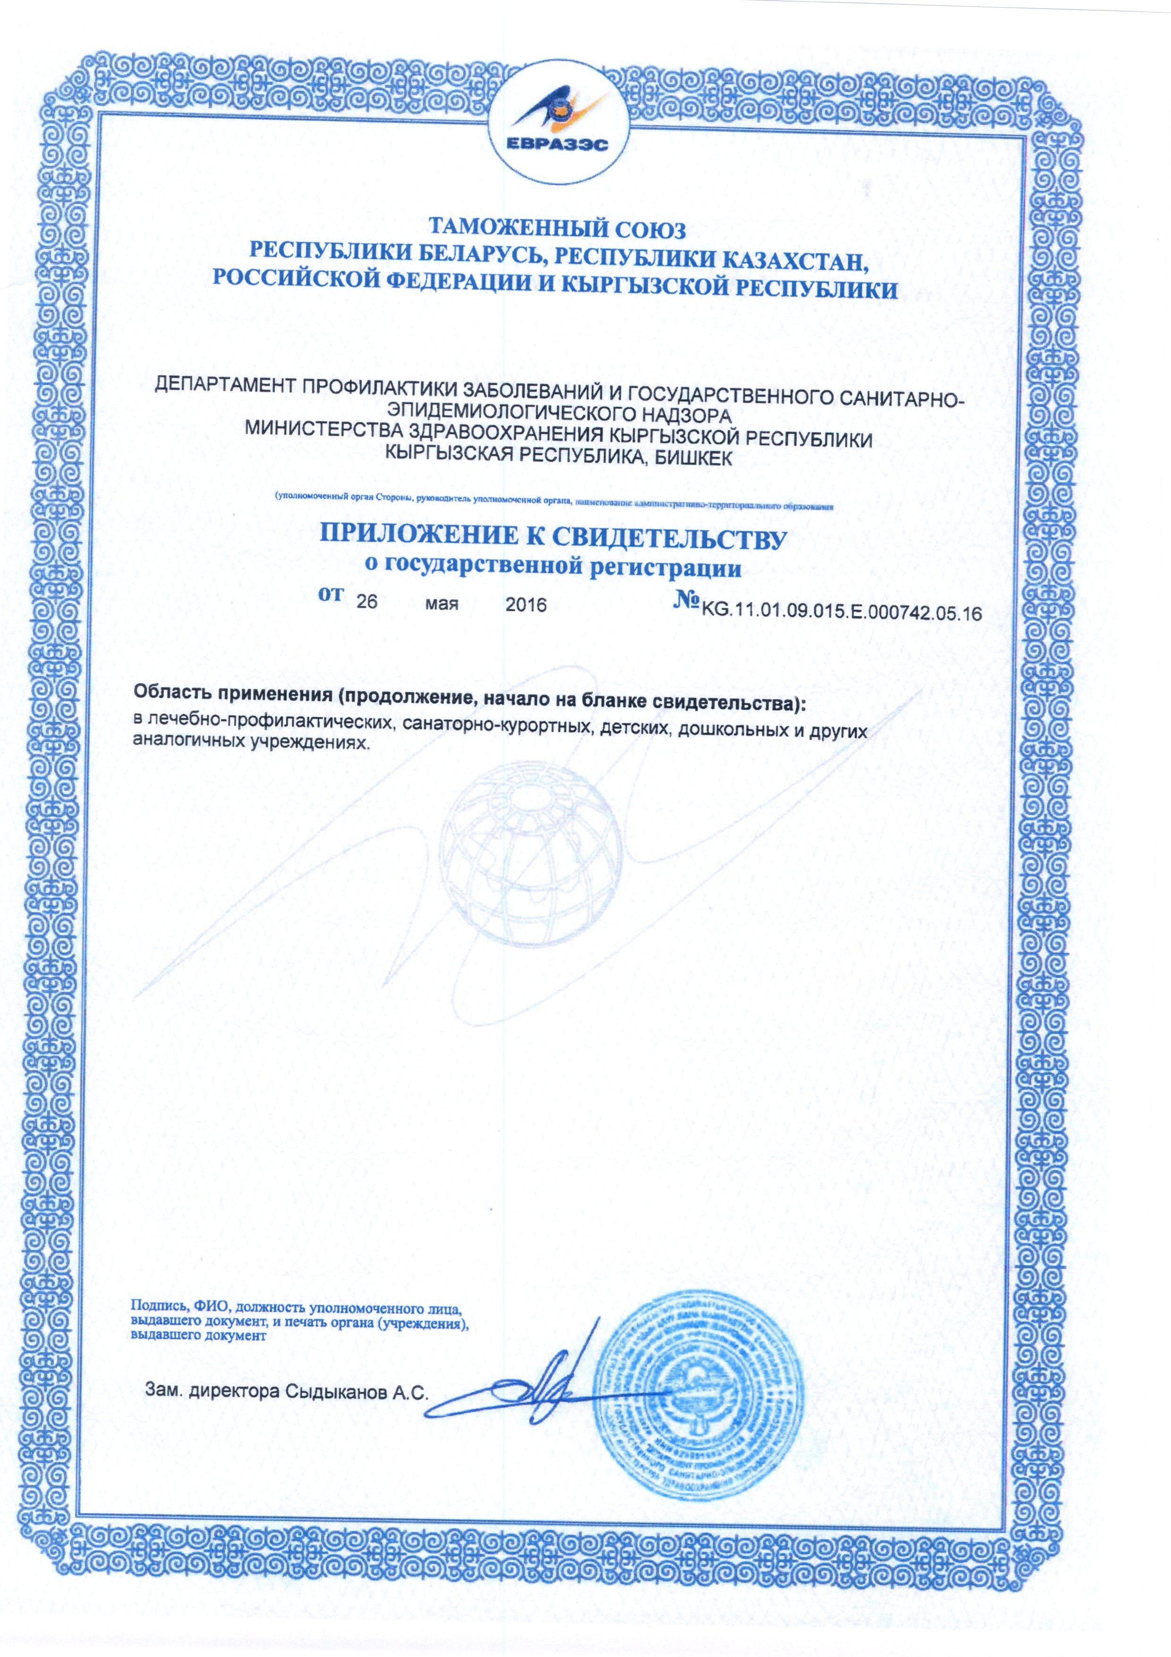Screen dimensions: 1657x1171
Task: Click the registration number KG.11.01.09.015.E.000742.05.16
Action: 837,613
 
